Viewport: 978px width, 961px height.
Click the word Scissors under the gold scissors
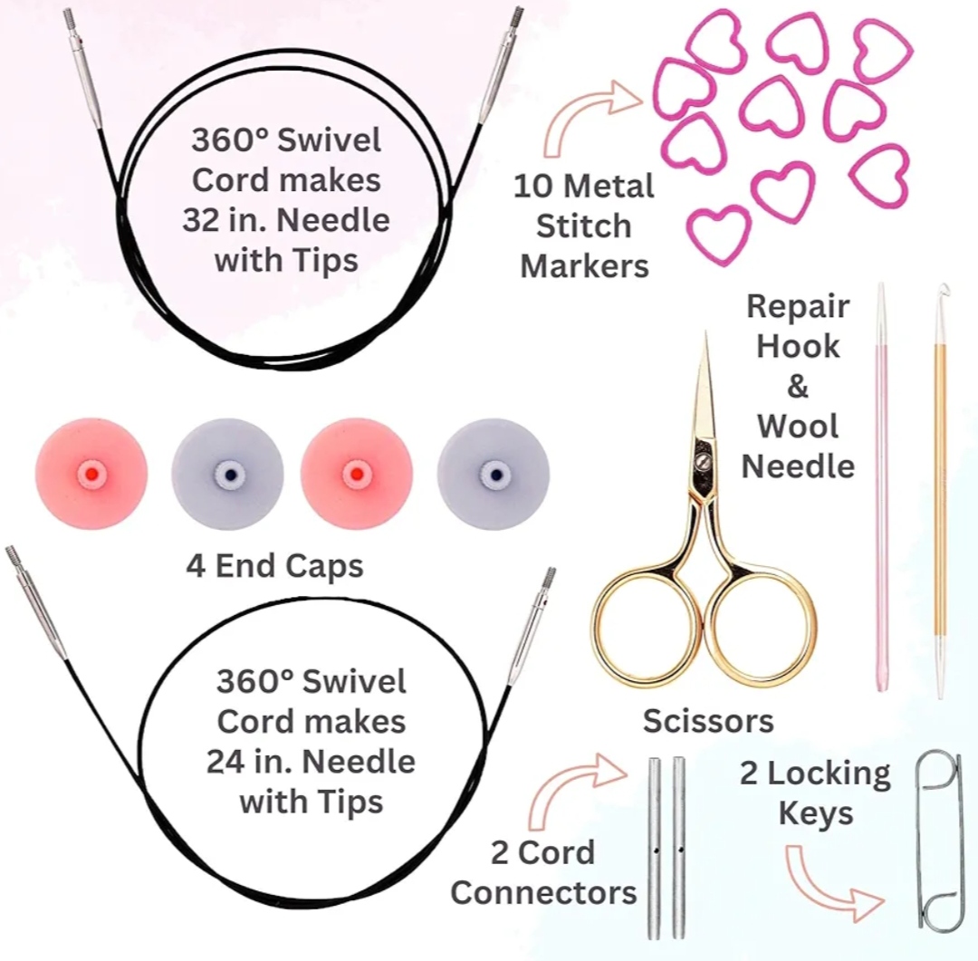pyautogui.click(x=708, y=721)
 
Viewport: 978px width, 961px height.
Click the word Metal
pyautogui.click(x=609, y=187)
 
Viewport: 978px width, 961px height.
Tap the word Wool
pyautogui.click(x=798, y=426)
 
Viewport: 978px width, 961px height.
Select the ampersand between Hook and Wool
pyautogui.click(x=797, y=386)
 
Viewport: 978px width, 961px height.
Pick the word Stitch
pyautogui.click(x=584, y=226)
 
